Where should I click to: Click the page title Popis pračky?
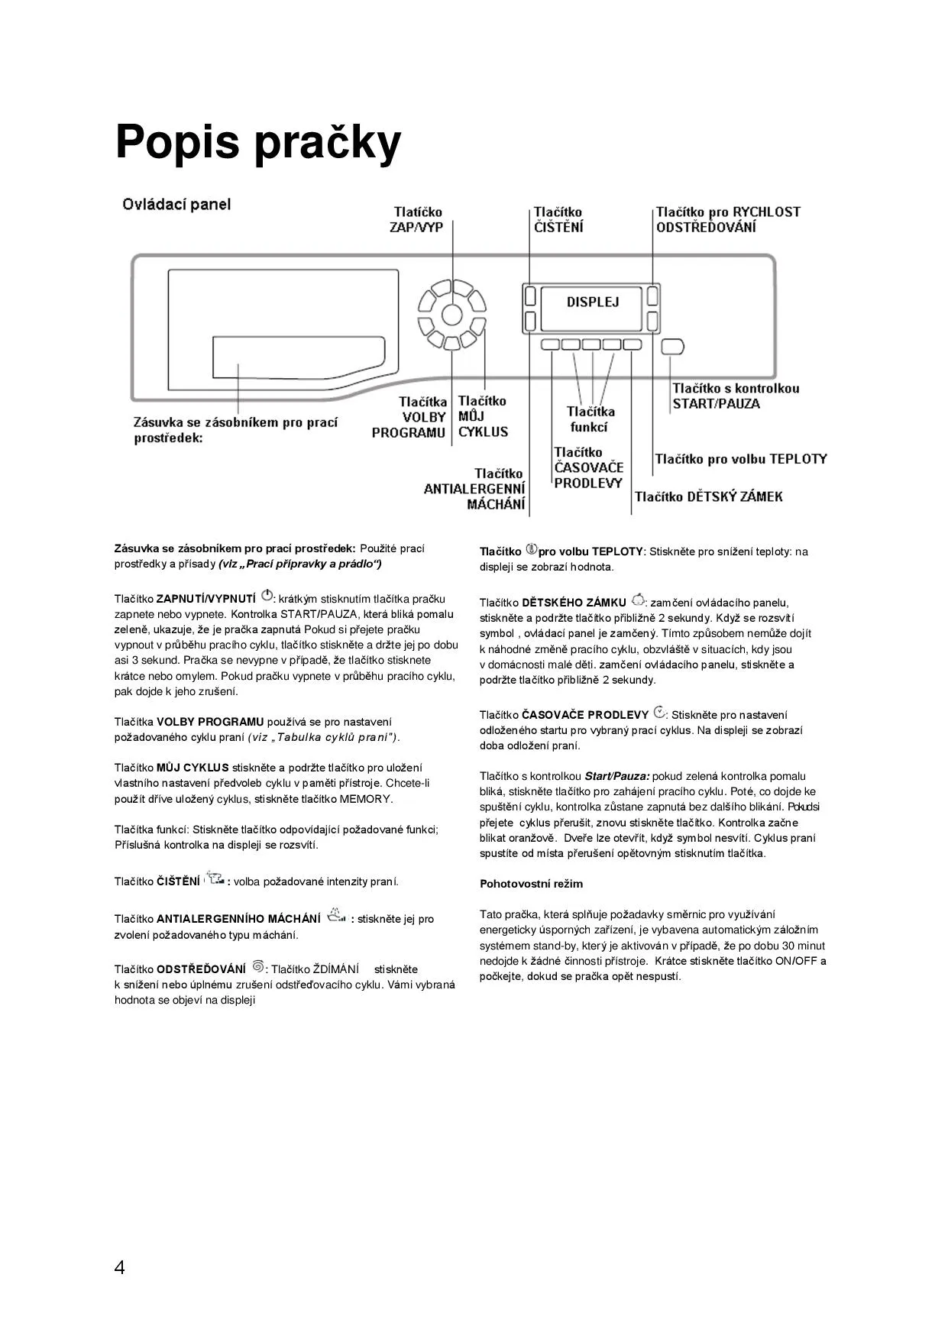257,142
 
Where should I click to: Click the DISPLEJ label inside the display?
592,302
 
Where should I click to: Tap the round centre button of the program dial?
451,314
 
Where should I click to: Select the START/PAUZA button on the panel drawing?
672,347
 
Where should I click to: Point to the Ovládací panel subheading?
176,205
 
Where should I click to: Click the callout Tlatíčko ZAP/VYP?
417,220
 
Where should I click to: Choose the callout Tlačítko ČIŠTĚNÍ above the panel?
558,220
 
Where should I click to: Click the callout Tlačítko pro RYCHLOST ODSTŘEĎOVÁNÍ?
727,220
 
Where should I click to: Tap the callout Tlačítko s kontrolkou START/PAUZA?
735,396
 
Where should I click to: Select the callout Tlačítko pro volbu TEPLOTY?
740,459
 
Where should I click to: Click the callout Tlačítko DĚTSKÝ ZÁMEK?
708,496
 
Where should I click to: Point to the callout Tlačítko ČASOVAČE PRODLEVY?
588,467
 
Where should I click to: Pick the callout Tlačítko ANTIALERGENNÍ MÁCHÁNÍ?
475,489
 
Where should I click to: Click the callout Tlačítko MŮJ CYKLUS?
483,416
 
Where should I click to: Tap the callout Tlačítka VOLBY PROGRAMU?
409,417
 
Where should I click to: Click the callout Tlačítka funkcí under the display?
590,419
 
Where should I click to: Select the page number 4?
119,1267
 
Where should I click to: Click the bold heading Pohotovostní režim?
531,884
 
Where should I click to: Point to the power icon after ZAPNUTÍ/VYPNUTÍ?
267,596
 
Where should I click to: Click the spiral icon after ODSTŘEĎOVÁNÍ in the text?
257,967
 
